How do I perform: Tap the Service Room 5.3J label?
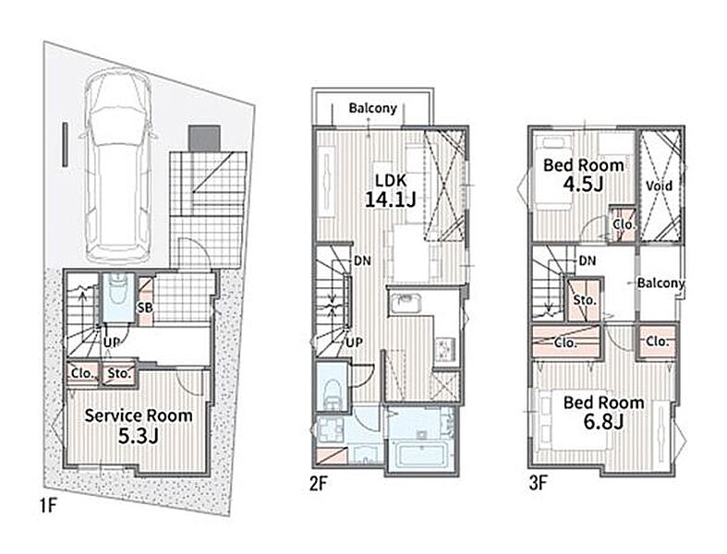pyautogui.click(x=139, y=426)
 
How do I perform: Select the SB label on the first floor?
pyautogui.click(x=145, y=307)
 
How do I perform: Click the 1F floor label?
pyautogui.click(x=48, y=505)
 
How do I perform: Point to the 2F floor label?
pyautogui.click(x=319, y=484)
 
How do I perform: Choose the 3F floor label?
pyautogui.click(x=539, y=484)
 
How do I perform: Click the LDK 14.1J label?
pyautogui.click(x=391, y=190)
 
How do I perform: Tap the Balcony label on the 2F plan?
pyautogui.click(x=373, y=108)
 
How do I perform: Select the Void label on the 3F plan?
pyautogui.click(x=659, y=186)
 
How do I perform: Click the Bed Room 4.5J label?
pyautogui.click(x=583, y=175)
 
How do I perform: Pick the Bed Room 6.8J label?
pyautogui.click(x=603, y=412)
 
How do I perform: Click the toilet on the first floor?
pyautogui.click(x=118, y=296)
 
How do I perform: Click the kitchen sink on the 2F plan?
pyautogui.click(x=406, y=304)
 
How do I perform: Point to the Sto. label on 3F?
pyautogui.click(x=584, y=300)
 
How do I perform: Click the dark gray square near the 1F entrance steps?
pyautogui.click(x=203, y=138)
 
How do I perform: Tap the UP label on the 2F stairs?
pyautogui.click(x=354, y=343)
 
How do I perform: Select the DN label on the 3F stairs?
pyautogui.click(x=588, y=260)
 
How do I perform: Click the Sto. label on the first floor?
pyautogui.click(x=119, y=373)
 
